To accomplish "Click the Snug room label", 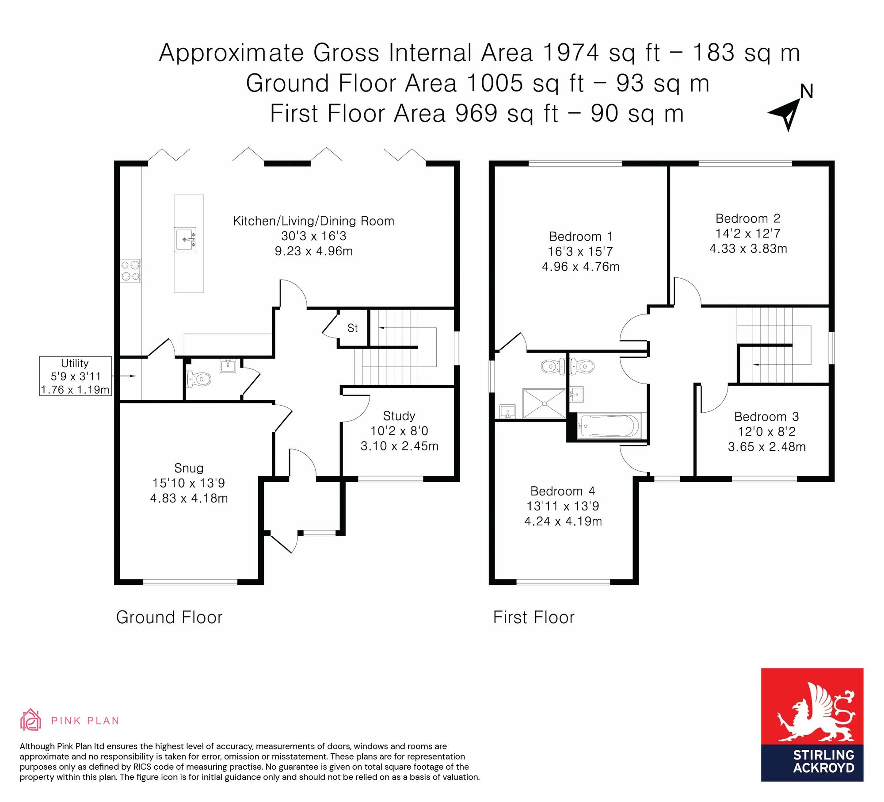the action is tap(189, 468).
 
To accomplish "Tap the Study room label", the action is tap(399, 416).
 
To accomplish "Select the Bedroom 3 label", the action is tap(766, 417).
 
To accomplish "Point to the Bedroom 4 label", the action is tap(563, 491).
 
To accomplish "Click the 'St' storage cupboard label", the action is tap(352, 328).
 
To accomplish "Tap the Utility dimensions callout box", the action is tap(75, 376).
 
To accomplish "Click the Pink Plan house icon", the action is tap(30, 720).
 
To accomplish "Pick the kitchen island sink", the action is tap(186, 240).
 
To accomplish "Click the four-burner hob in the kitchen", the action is tap(131, 271).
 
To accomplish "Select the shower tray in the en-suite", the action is tap(544, 403).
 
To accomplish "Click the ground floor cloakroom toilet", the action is tap(198, 379).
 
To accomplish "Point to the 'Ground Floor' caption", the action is tap(169, 618).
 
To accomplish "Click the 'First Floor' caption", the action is tap(534, 618).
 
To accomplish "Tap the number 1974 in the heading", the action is tap(571, 53).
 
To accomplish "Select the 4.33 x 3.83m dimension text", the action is tap(748, 249).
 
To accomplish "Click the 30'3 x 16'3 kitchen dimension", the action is tap(314, 236).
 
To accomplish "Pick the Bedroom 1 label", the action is tap(581, 236).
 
